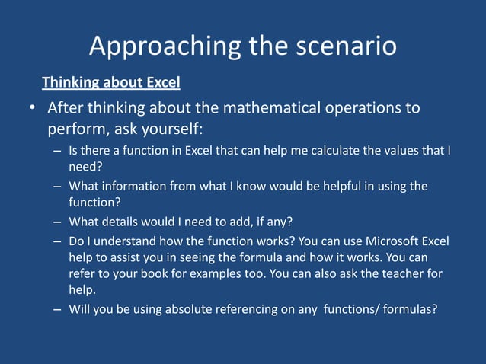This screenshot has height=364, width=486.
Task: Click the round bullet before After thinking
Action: [x=33, y=109]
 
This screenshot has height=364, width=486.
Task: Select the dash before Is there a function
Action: [x=58, y=151]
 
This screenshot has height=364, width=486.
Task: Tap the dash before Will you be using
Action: [x=58, y=310]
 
